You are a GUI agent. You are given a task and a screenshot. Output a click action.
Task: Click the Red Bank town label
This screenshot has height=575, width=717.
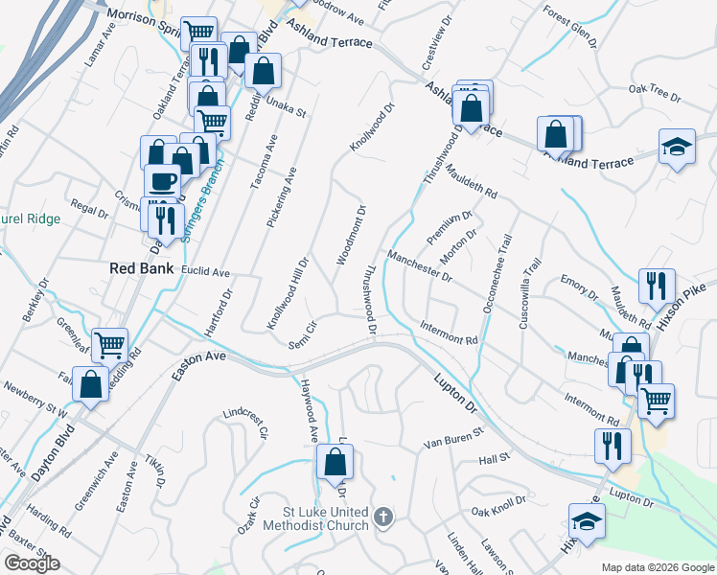[x=141, y=268]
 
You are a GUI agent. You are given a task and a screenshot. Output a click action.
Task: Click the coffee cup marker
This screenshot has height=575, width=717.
[x=162, y=180]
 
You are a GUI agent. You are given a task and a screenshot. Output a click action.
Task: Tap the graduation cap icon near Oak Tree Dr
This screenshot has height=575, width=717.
[x=678, y=147]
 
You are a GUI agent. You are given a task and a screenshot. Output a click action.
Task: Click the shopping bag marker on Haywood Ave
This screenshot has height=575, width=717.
[x=335, y=463]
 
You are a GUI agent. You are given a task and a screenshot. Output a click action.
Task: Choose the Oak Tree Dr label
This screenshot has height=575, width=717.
[x=654, y=93]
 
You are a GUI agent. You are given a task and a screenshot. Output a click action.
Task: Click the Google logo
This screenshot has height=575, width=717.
[x=33, y=563]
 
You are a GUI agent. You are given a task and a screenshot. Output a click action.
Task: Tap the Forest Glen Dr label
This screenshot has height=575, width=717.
[x=569, y=26]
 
